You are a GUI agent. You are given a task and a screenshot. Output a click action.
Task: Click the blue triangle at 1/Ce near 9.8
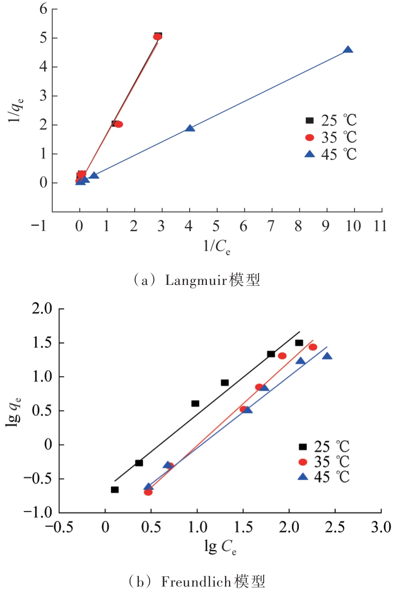(348, 50)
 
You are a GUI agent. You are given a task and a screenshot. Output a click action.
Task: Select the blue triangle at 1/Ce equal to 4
(190, 129)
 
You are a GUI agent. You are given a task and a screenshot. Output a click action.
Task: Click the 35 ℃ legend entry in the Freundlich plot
(325, 462)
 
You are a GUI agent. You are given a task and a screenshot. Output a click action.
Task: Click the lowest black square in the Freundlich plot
(115, 489)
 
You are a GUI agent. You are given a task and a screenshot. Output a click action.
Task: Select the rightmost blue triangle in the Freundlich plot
(327, 356)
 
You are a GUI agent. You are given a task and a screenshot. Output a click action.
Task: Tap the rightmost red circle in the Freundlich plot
(313, 347)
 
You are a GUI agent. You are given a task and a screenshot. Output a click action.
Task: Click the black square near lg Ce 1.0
(195, 403)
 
